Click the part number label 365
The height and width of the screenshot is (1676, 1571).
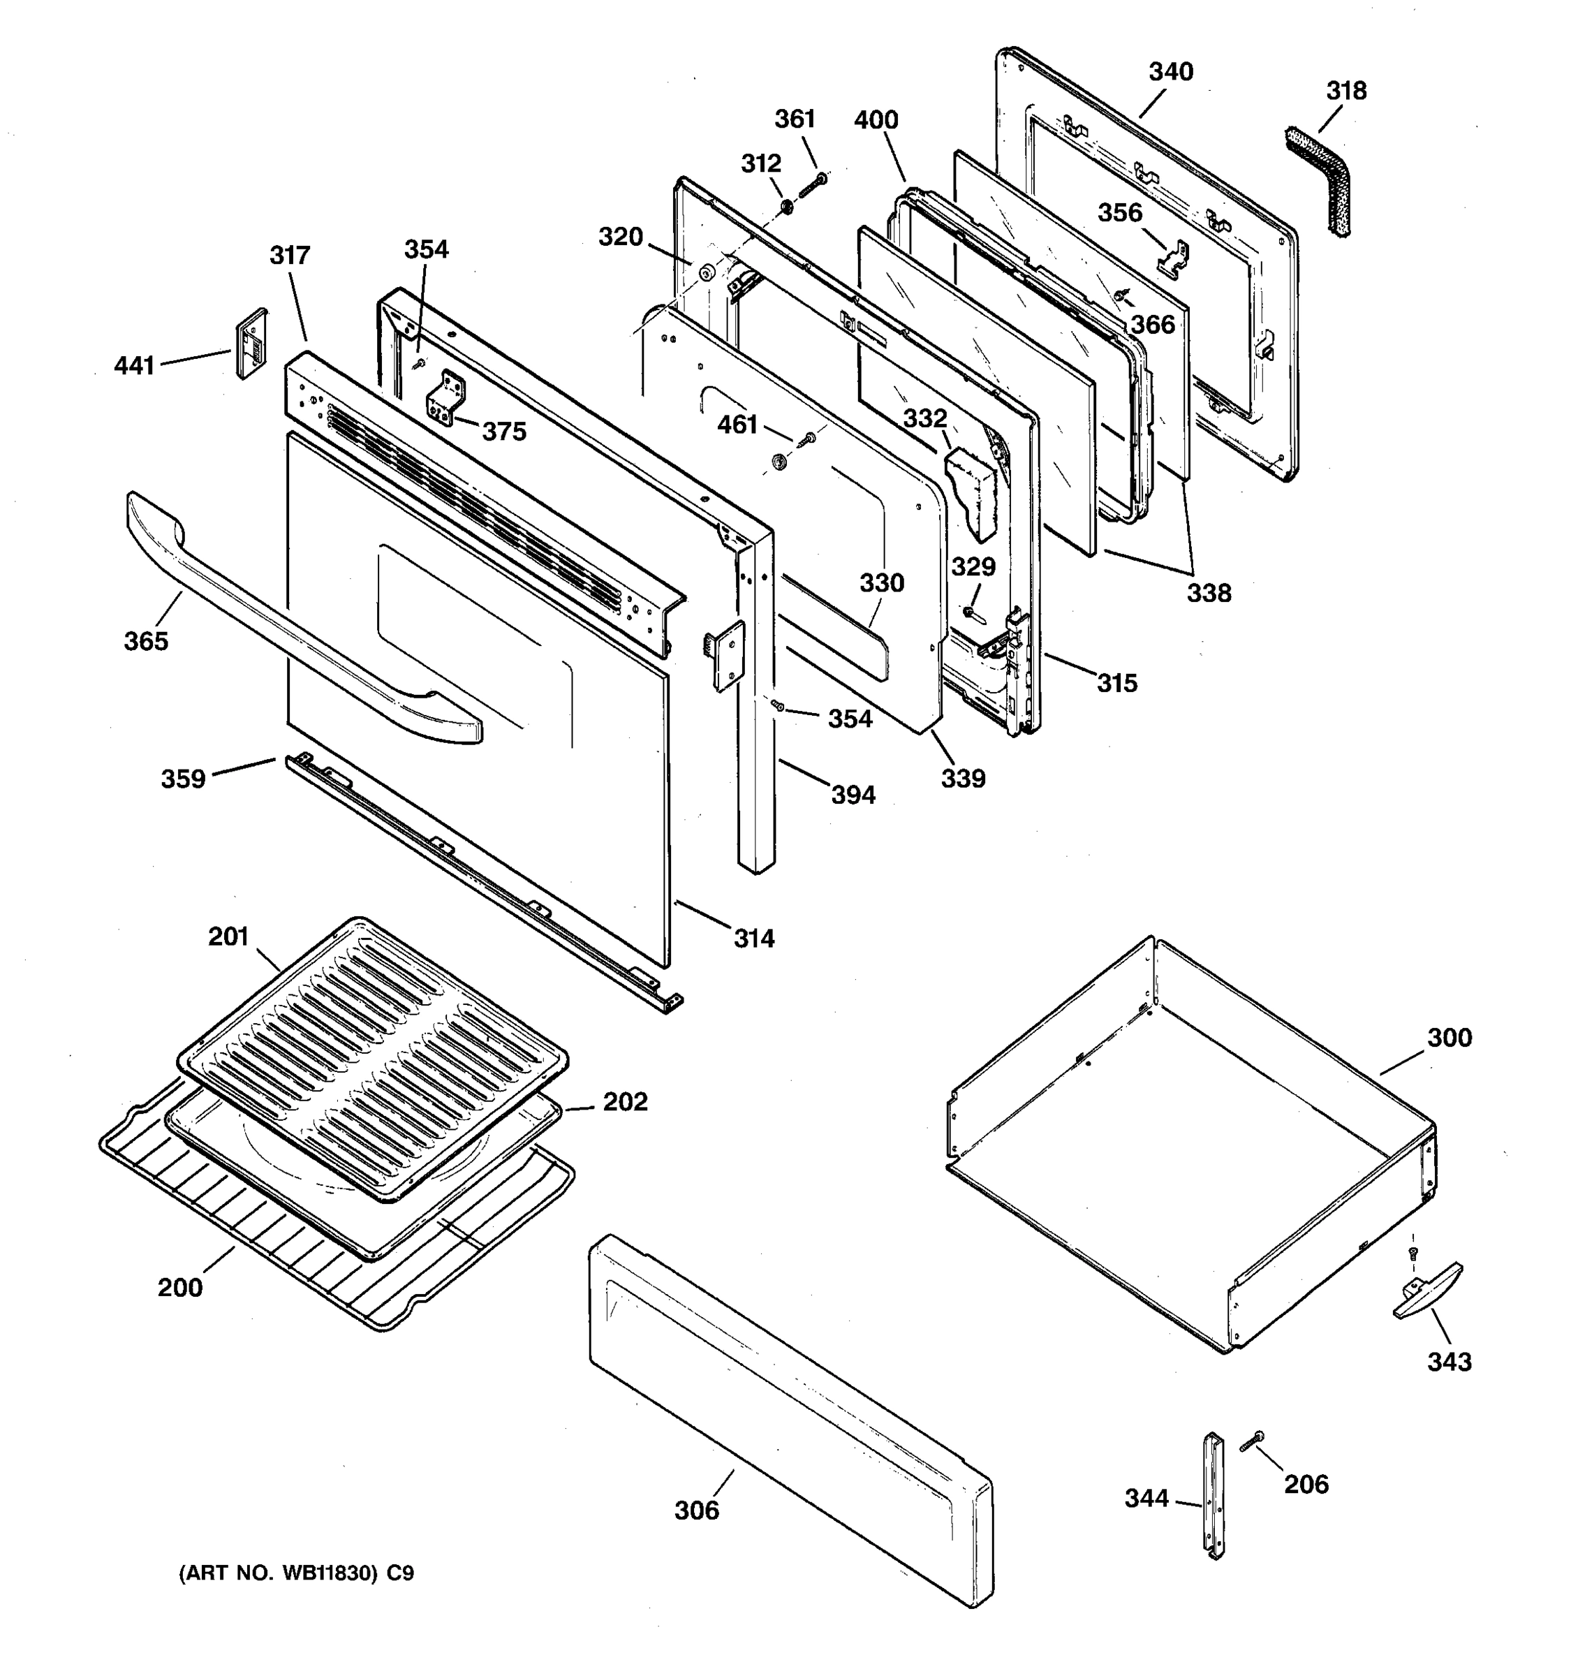pyautogui.click(x=146, y=642)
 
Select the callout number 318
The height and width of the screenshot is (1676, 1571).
pyautogui.click(x=1346, y=91)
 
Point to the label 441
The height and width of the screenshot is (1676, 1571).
pyautogui.click(x=135, y=366)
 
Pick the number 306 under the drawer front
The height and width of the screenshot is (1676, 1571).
pyautogui.click(x=696, y=1510)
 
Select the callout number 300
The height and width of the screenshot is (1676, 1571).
pyautogui.click(x=1449, y=1038)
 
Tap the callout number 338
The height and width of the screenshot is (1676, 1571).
pyautogui.click(x=1209, y=594)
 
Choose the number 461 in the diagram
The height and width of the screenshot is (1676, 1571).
pyautogui.click(x=737, y=425)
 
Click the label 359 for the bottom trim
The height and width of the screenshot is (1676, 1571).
pyautogui.click(x=183, y=778)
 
